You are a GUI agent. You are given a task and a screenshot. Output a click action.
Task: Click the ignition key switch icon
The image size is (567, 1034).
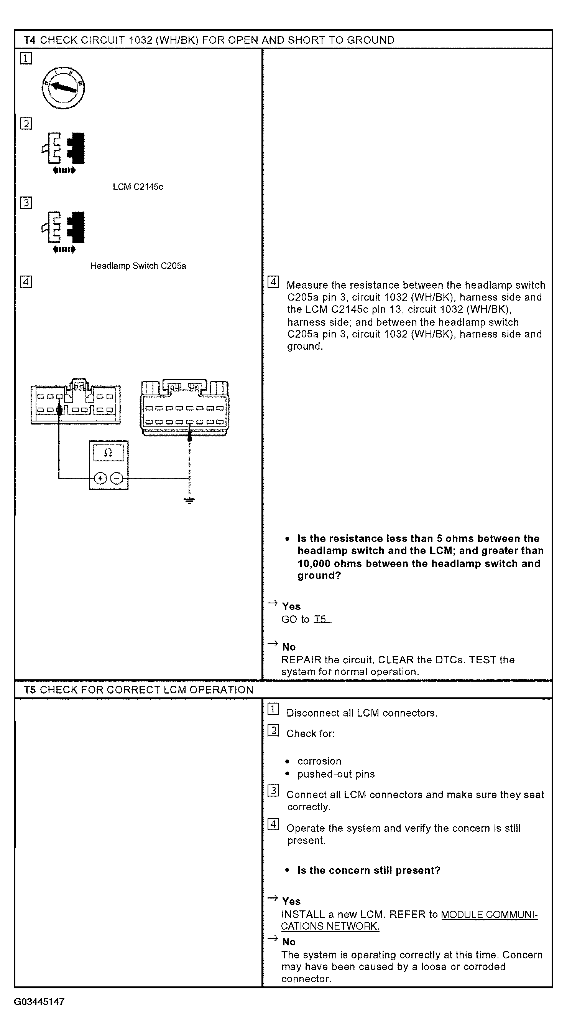point(63,88)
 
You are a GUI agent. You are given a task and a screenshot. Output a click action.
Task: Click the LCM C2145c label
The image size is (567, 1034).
point(138,187)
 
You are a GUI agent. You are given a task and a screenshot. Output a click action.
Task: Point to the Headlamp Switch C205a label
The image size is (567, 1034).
point(138,266)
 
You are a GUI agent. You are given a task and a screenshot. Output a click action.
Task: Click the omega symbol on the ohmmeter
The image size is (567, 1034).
point(108,453)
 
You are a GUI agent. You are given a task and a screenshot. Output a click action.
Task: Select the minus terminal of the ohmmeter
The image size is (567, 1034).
point(117,479)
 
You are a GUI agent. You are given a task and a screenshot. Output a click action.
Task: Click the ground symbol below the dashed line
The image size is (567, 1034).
point(190,500)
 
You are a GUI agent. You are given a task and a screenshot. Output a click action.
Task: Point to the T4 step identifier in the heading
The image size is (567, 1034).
point(30,40)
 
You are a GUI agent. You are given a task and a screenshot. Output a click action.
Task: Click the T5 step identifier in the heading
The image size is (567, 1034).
point(30,690)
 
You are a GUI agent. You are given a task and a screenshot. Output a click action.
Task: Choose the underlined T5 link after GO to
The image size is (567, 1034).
point(322,619)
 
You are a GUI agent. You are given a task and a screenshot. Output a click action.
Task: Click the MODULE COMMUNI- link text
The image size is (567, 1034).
point(489,914)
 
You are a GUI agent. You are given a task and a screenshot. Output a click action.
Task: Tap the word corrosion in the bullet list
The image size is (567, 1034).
point(319,761)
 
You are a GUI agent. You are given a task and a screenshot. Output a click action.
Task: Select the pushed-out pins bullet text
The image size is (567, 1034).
point(336,774)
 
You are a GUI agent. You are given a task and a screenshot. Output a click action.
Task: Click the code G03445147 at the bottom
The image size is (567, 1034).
point(39,1002)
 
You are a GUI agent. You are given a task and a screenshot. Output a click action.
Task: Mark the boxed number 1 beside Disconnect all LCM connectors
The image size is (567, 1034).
point(273,709)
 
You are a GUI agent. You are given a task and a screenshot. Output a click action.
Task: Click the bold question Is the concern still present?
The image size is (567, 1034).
point(369,870)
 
